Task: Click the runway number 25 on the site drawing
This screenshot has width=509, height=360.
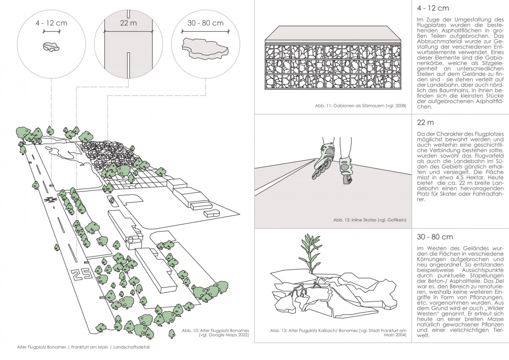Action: click(x=81, y=274)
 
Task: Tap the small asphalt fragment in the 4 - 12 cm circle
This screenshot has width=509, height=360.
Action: click(x=51, y=46)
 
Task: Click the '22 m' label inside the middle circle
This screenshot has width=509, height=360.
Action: click(x=129, y=23)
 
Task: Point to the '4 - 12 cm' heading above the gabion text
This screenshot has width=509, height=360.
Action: click(x=433, y=8)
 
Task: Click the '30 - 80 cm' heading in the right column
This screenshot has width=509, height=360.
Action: click(x=435, y=237)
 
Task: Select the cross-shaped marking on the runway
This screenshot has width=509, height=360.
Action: click(x=50, y=200)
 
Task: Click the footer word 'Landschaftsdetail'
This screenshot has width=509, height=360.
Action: click(x=131, y=347)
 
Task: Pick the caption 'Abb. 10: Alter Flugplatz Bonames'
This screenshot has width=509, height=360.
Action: click(x=215, y=330)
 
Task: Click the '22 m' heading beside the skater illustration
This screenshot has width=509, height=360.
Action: click(x=425, y=123)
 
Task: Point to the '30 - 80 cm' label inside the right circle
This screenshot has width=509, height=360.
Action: click(x=205, y=23)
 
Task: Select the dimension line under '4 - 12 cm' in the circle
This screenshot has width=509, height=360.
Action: click(x=52, y=31)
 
